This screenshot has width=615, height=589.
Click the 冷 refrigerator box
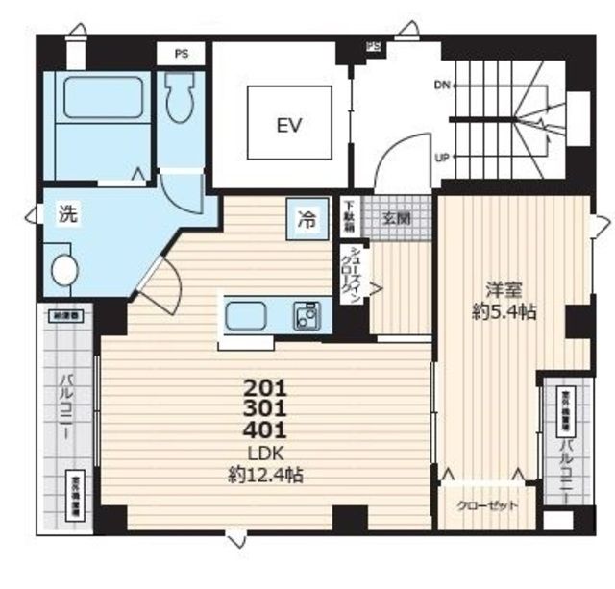point(306,219)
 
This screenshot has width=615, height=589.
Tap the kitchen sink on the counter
point(250,315)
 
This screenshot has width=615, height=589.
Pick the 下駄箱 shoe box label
point(352,218)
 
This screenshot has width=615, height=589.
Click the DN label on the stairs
point(442,85)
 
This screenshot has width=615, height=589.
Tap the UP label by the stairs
point(442,157)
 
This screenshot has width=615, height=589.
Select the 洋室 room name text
point(496,289)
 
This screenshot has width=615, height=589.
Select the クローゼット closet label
point(486,504)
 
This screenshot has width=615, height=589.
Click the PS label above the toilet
point(180,55)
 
